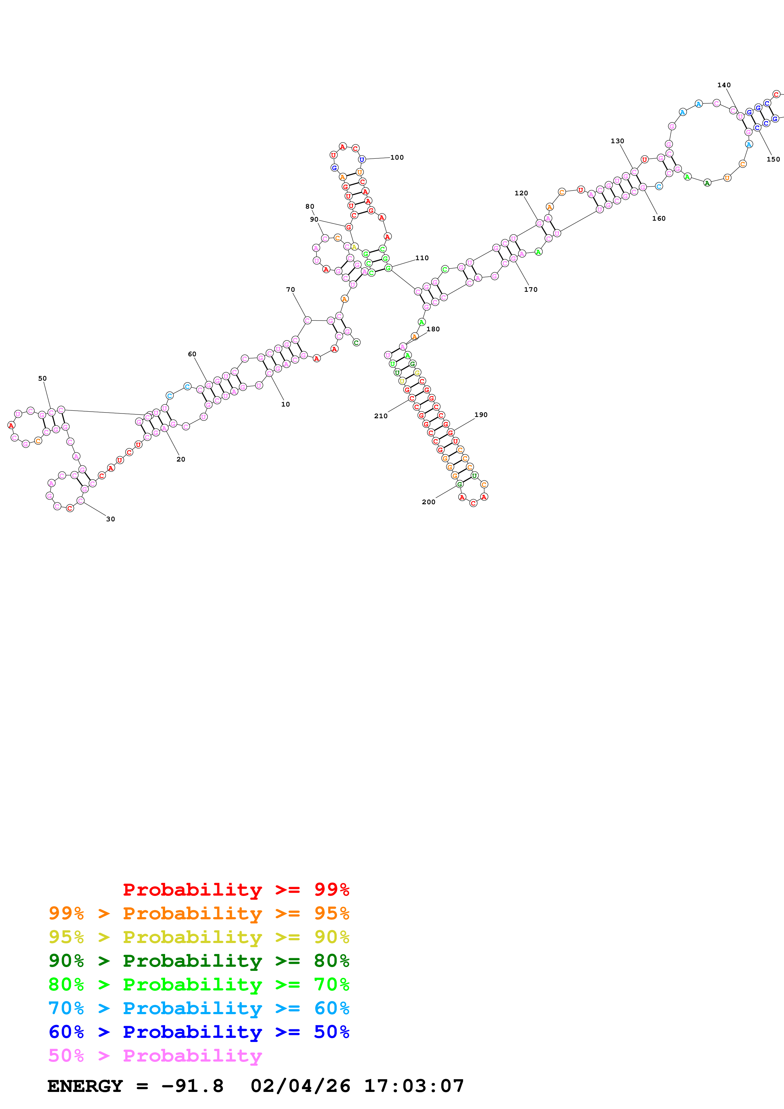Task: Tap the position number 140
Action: pos(724,85)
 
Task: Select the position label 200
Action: pos(429,502)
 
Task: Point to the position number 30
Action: pos(111,519)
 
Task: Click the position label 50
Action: pos(42,379)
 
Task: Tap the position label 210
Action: pos(381,416)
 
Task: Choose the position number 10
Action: pos(286,404)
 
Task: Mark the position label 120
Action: pos(521,193)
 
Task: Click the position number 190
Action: pos(481,415)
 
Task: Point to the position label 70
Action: pos(290,290)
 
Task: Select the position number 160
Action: pos(658,219)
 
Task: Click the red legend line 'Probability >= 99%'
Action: pos(236,890)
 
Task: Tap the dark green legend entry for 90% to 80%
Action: pos(199,961)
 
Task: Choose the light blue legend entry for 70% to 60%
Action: pos(199,1008)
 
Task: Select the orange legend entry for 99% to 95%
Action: pos(199,913)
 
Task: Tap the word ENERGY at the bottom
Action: pos(85,1086)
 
